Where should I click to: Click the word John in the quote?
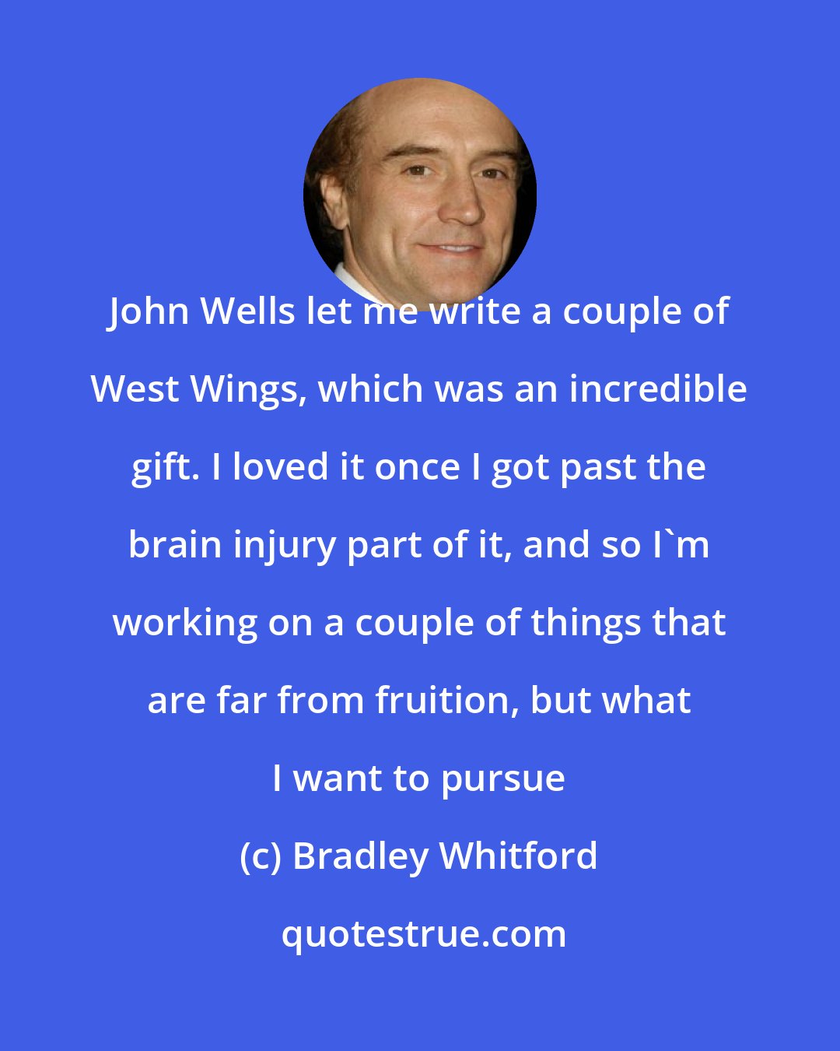click(148, 312)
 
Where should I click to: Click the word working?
click(174, 624)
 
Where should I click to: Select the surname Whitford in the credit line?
click(519, 856)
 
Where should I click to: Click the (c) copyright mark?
click(261, 857)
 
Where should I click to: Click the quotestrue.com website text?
click(423, 934)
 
